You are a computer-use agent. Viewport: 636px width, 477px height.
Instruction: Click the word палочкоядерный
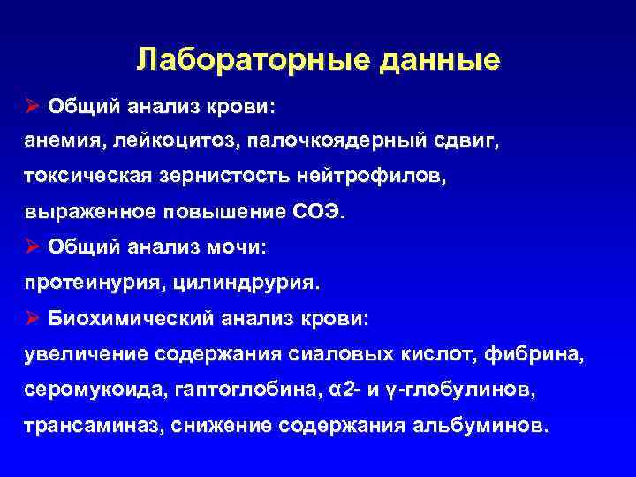(339, 141)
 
